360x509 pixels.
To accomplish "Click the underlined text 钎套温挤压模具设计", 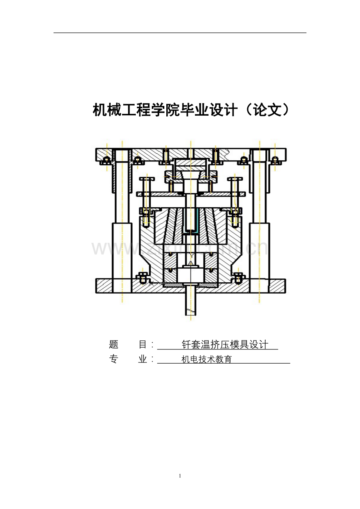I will [225, 345].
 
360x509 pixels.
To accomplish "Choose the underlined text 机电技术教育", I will [207, 360].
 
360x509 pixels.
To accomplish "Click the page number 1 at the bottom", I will [180, 476].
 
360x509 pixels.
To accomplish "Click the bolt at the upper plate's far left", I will [106, 160].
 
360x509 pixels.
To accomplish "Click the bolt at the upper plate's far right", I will [275, 160].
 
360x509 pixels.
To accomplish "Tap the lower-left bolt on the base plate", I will [142, 278].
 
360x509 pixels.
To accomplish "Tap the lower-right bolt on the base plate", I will [238, 278].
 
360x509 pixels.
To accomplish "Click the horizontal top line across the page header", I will [180, 33].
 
